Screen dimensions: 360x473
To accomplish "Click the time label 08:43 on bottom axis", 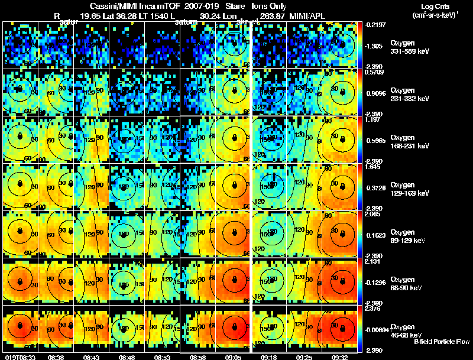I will [x=91, y=357].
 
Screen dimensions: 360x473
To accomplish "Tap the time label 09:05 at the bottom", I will [x=233, y=357].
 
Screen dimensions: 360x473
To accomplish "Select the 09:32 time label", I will [x=339, y=357].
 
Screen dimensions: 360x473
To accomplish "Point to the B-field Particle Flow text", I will [x=441, y=342].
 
